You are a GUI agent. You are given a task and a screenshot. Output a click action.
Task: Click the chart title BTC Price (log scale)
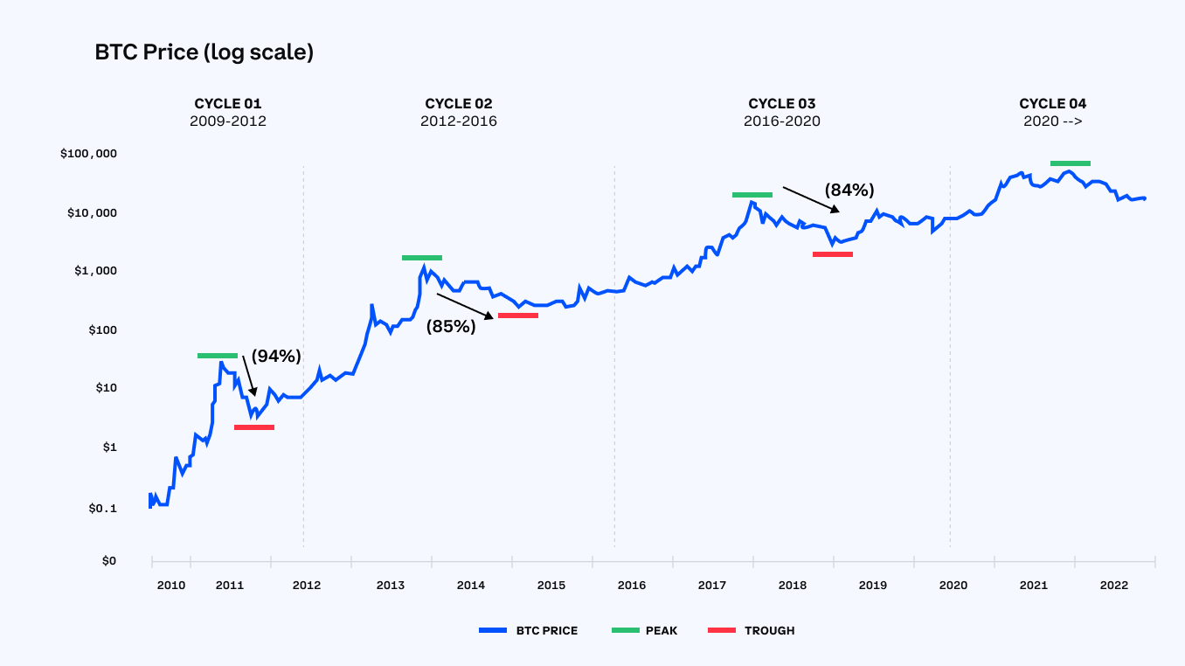point(204,52)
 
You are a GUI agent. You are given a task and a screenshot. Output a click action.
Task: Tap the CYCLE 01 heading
point(227,103)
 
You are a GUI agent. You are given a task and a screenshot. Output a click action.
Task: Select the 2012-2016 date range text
point(458,121)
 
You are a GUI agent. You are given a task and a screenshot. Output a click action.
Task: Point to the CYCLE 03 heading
point(781,103)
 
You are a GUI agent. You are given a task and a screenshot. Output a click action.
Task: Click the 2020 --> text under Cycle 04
point(1052,121)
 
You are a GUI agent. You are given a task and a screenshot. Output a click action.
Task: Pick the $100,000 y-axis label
point(88,154)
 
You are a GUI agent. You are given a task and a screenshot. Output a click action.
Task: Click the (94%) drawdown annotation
point(276,356)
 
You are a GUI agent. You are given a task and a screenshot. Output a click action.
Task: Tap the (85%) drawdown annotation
point(451,327)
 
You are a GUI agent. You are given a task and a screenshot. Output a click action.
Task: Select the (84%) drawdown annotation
point(849,190)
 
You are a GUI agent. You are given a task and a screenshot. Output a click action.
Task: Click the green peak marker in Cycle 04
point(1070,163)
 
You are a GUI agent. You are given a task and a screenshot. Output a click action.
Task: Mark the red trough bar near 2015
point(517,316)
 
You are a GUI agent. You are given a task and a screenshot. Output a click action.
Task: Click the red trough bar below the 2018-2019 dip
point(832,254)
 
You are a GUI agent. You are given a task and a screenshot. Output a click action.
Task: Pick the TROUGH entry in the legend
point(769,630)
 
